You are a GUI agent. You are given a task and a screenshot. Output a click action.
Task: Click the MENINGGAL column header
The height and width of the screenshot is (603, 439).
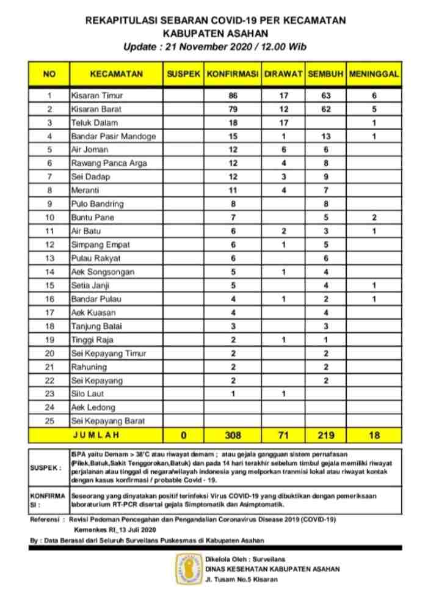[374, 74]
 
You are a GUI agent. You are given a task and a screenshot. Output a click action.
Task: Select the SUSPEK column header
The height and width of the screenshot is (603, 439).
[183, 74]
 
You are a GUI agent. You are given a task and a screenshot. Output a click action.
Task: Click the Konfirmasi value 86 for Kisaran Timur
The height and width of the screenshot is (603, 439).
[233, 95]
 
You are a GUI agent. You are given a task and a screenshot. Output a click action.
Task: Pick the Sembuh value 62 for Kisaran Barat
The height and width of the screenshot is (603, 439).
[326, 109]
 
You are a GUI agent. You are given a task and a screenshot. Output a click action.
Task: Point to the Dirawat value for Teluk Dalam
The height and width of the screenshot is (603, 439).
[283, 123]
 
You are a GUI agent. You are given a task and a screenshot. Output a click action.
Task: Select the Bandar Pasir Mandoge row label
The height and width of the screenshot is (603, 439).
[113, 136]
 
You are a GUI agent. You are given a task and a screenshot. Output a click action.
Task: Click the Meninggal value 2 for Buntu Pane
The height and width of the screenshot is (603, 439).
[374, 217]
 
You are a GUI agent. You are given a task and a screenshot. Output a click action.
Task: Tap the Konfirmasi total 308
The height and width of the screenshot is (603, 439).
[233, 436]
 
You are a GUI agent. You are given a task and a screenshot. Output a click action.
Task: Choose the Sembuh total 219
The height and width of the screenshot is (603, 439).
[326, 436]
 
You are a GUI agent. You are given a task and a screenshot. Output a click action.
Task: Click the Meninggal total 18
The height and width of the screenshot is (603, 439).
[374, 436]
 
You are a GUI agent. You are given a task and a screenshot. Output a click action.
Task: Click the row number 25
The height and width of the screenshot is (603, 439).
[49, 421]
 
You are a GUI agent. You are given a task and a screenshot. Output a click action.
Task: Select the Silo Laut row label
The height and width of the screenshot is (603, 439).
[88, 394]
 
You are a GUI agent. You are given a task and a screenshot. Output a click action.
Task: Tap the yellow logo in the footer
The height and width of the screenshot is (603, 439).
[189, 568]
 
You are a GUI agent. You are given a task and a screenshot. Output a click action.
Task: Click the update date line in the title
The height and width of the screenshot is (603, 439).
[215, 46]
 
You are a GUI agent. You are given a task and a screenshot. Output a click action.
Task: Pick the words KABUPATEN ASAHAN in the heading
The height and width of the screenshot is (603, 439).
[215, 33]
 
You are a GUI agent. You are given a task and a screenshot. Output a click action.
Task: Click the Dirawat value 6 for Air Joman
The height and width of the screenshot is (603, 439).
[283, 150]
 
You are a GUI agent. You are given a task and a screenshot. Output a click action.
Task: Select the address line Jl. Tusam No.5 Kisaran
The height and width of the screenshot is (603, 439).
[241, 579]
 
